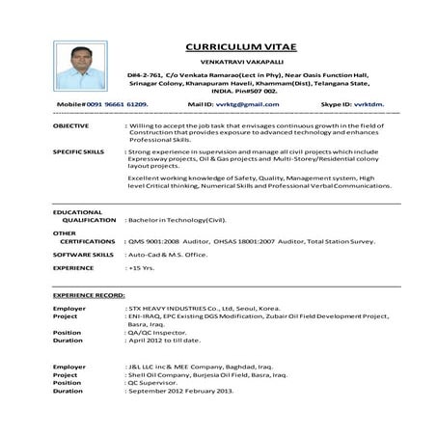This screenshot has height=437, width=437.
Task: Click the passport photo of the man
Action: click(81, 65)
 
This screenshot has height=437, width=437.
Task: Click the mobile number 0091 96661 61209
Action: click(103, 103)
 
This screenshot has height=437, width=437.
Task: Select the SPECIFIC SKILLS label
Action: click(79, 152)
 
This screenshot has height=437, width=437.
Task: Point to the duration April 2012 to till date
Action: click(166, 341)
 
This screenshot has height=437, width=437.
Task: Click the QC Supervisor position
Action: click(156, 383)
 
